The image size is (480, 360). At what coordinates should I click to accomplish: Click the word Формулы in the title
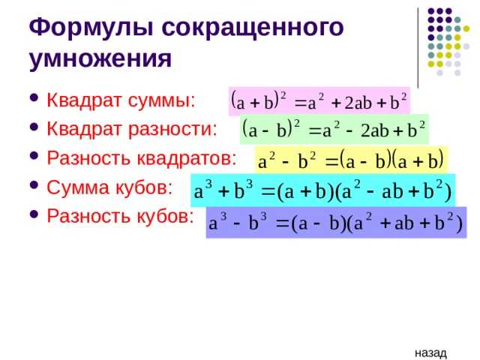[x=91, y=28]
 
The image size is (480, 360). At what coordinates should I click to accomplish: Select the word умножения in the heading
[x=100, y=59]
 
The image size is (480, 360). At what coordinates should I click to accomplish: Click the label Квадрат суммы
[x=121, y=100]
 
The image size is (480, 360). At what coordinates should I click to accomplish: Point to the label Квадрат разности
[x=132, y=129]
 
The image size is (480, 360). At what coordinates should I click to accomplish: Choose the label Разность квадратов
[x=142, y=158]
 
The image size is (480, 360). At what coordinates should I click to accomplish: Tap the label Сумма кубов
[x=109, y=187]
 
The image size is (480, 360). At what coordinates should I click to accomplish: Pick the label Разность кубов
[x=120, y=216]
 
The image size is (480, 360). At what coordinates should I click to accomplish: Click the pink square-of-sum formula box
[x=319, y=102]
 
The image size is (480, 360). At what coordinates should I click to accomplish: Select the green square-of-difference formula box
[x=334, y=130]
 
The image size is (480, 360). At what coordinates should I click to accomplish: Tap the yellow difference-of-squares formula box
[x=351, y=160]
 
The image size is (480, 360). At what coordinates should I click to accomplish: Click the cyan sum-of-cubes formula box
[x=323, y=190]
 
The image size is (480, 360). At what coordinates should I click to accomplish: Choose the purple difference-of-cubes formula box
[x=336, y=223]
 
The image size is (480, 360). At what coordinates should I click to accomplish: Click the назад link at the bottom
[x=430, y=353]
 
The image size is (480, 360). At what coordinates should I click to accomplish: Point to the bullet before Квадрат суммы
[x=34, y=98]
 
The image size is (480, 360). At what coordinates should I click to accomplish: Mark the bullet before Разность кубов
[x=34, y=214]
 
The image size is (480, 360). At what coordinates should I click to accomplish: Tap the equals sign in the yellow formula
[x=331, y=162]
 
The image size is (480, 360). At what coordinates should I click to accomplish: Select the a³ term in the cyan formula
[x=202, y=190]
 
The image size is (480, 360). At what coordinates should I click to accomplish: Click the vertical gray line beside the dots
[x=418, y=47]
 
